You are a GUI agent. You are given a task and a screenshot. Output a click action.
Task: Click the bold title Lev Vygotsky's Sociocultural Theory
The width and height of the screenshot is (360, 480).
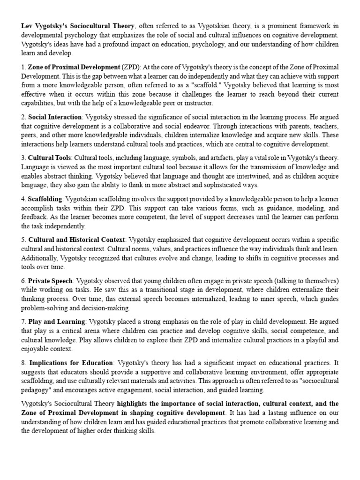tap(78, 26)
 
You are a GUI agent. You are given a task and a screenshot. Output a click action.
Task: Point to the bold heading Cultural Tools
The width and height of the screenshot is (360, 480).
tap(50, 157)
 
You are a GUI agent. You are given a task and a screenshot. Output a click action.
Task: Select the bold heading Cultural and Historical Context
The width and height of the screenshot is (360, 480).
tap(77, 240)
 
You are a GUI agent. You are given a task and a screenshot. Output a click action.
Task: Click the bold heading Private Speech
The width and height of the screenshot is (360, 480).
tap(50, 281)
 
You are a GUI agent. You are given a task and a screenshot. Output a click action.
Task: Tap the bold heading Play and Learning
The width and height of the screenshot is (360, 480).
tap(57, 322)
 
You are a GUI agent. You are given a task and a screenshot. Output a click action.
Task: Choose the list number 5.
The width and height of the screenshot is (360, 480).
tap(23, 240)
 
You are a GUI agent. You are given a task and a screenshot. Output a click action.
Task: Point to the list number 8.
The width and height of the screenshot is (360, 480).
tap(23, 363)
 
